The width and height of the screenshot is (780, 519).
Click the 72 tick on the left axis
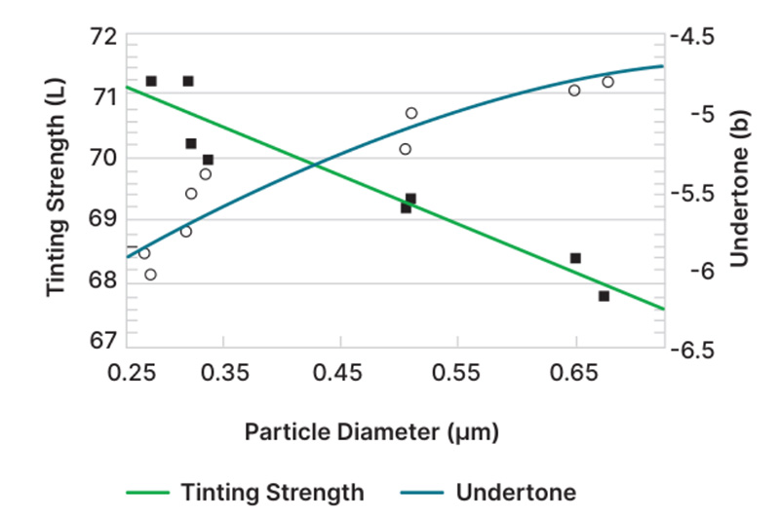coord(99,37)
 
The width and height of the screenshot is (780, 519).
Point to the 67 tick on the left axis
coord(99,343)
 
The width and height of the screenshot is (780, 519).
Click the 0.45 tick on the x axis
coord(340,372)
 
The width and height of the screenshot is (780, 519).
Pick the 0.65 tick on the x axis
coord(575,372)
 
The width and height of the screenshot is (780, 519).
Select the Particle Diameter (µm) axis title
coord(371,431)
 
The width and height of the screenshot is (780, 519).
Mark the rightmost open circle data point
coord(607,82)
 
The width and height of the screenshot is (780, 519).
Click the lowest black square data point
coord(604,296)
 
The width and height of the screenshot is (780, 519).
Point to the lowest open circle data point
coord(150,275)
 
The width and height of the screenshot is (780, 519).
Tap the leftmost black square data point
coord(151,81)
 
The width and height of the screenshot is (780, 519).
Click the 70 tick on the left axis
coord(99,159)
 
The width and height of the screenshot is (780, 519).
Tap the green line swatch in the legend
coord(147,492)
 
